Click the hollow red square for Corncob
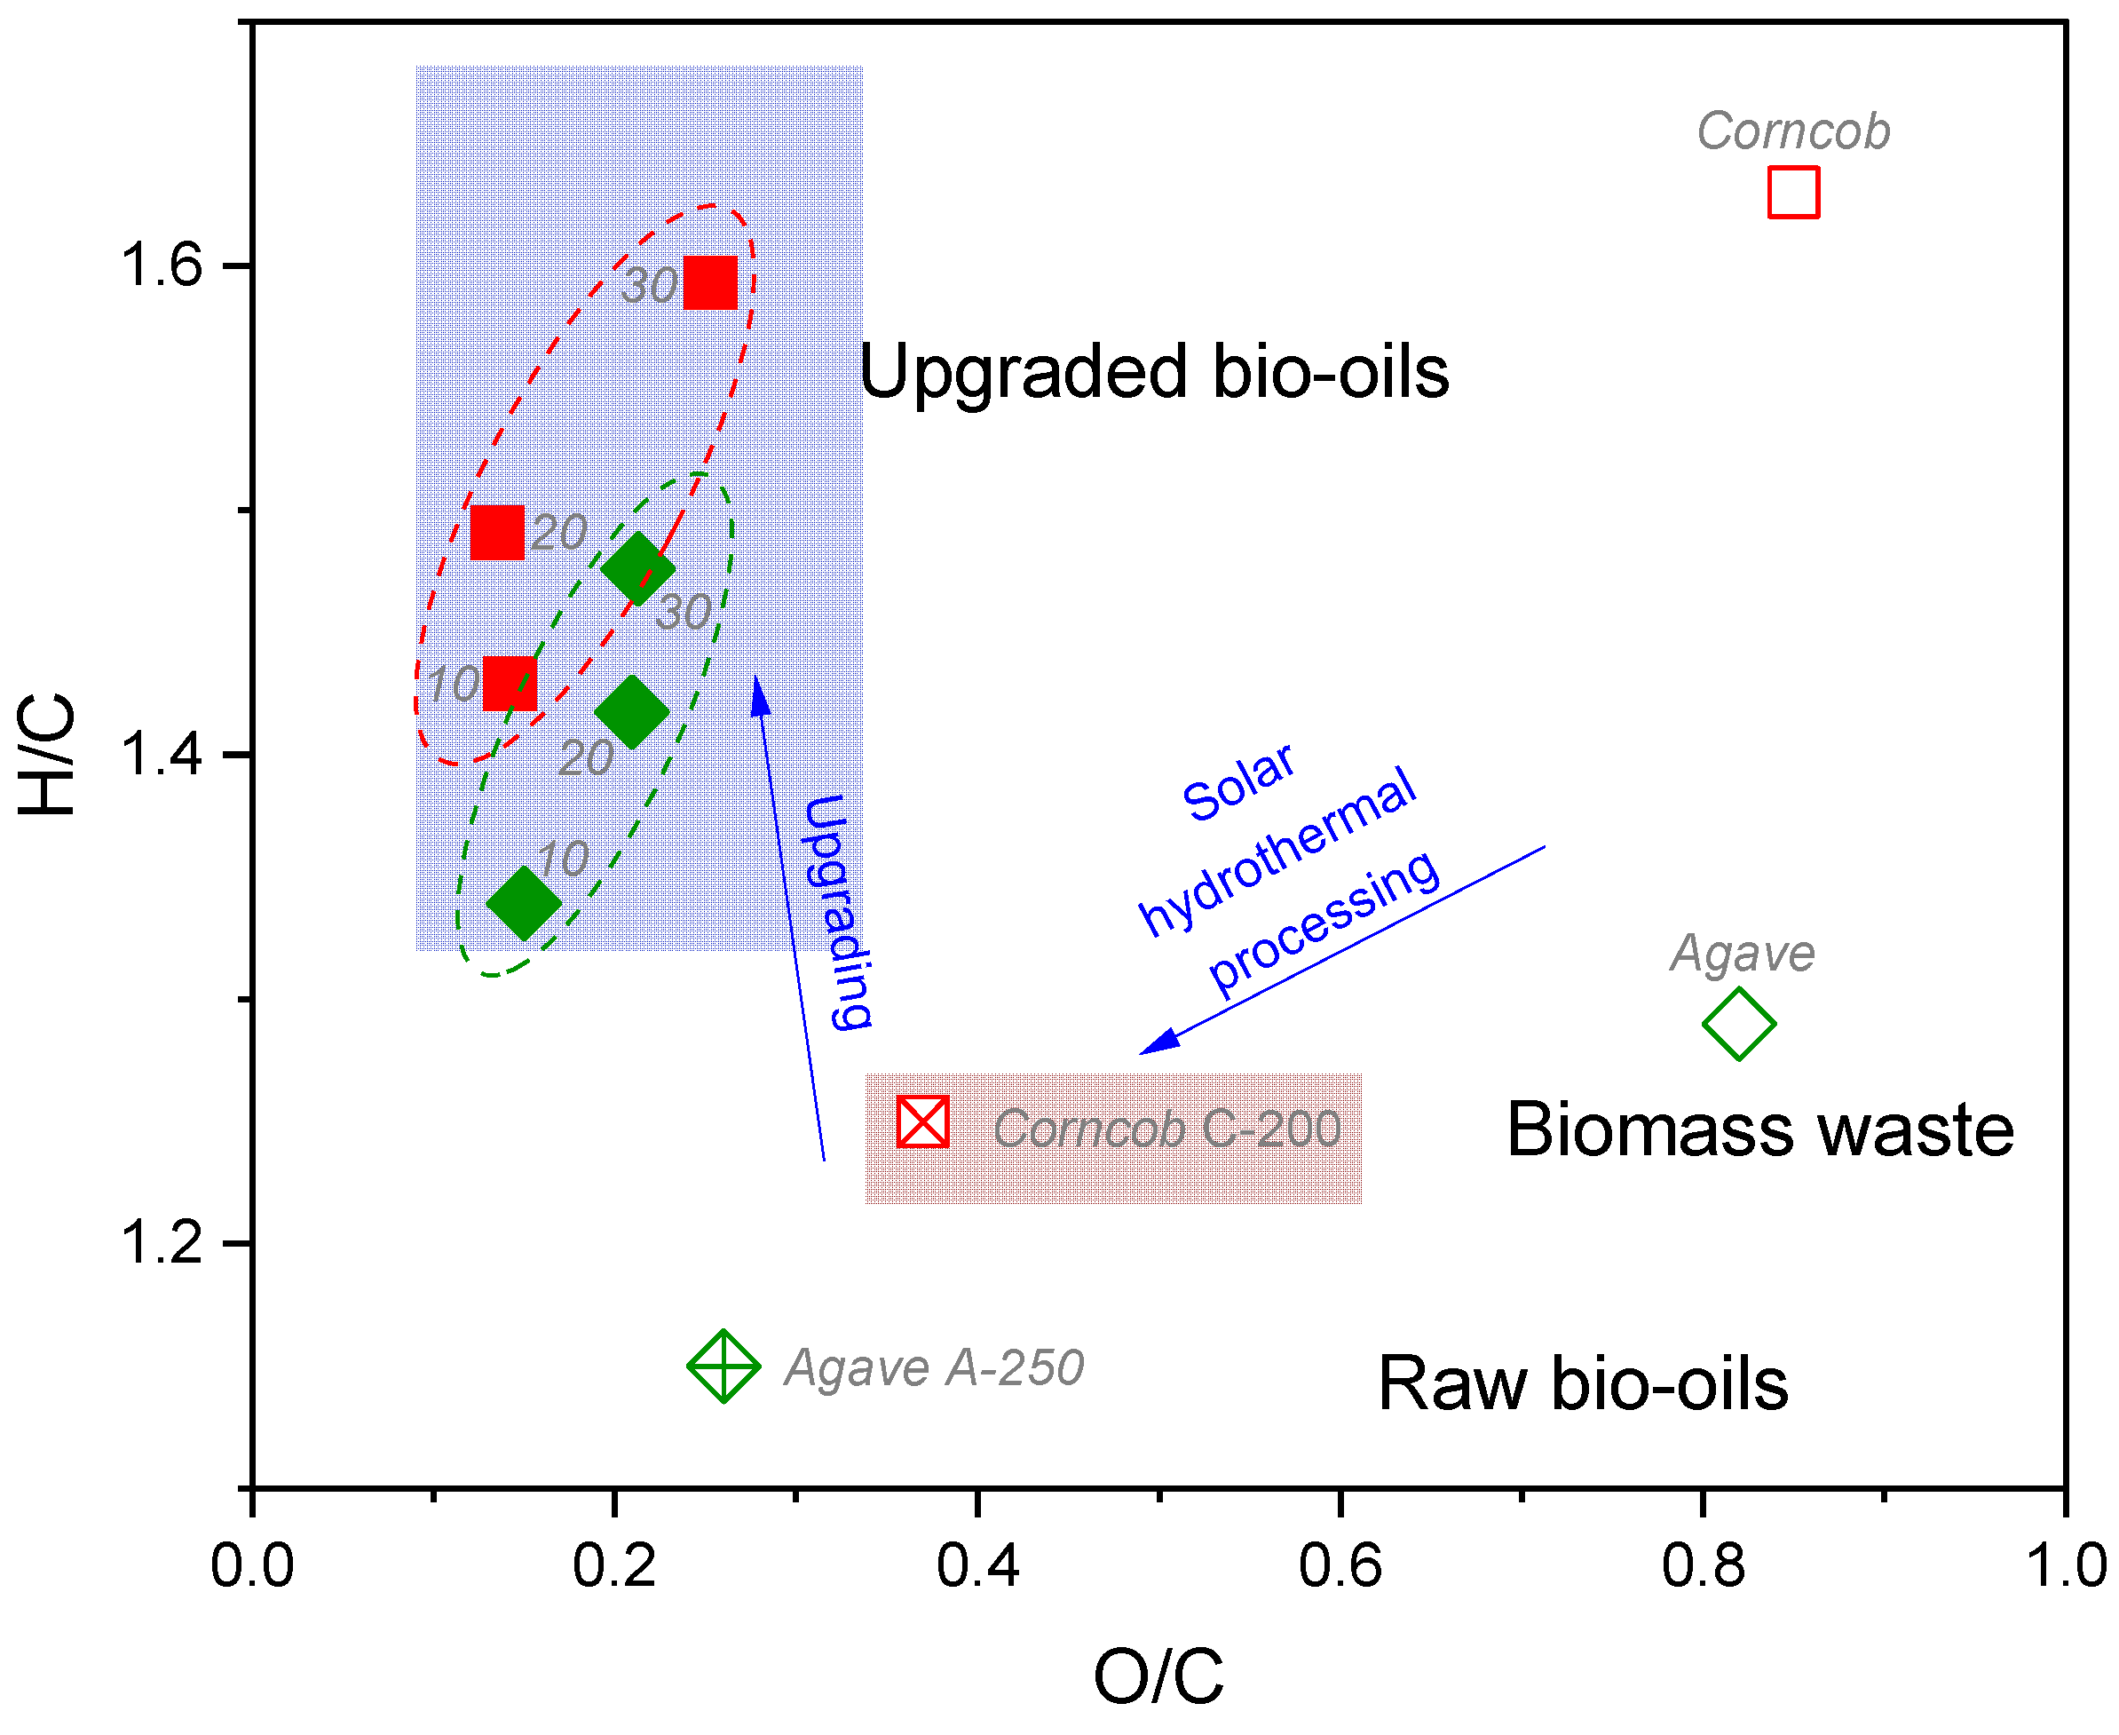[x=1792, y=192]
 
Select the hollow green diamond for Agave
[x=1737, y=1024]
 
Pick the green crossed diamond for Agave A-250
[x=723, y=1367]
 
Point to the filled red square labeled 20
[x=497, y=532]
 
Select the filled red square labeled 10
[x=510, y=684]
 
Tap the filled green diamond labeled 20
[x=631, y=711]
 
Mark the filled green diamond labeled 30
[x=637, y=568]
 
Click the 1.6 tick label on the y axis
[x=160, y=265]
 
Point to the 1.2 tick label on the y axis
[x=160, y=1243]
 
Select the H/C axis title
[x=47, y=755]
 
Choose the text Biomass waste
[x=1759, y=1129]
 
